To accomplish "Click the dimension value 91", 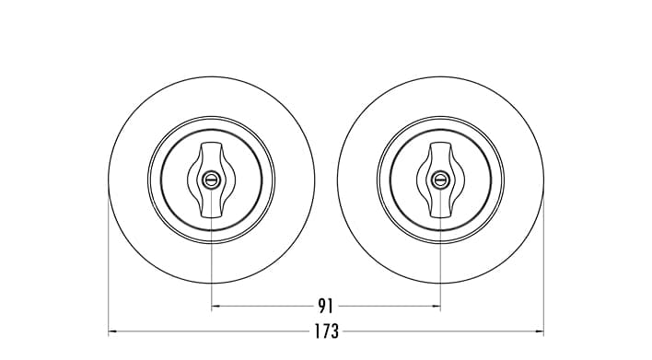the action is [326, 306].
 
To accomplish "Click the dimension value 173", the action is [326, 331].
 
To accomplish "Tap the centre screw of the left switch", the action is [211, 180].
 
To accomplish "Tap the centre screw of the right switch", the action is [440, 180].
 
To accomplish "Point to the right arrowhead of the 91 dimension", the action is [437, 307].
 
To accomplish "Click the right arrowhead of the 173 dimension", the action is [540, 331].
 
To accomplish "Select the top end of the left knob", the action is [211, 144].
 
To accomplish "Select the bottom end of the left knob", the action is [211, 216].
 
